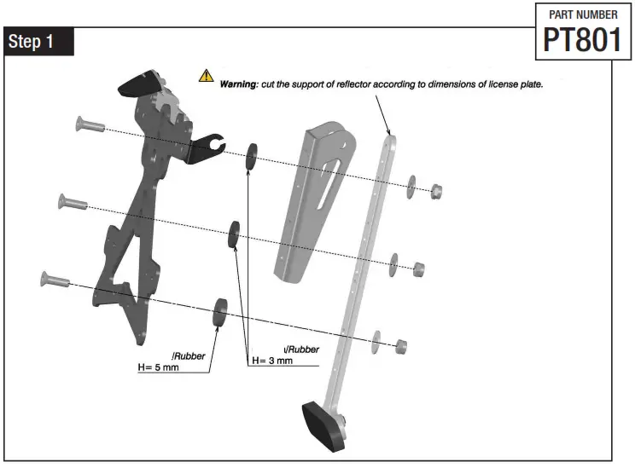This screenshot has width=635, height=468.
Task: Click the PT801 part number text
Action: click(582, 40)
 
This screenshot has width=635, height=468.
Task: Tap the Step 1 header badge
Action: click(38, 43)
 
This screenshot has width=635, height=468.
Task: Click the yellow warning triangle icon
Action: click(207, 76)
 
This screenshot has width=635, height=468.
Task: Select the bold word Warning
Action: click(239, 84)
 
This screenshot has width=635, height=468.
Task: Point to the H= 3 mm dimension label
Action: click(272, 361)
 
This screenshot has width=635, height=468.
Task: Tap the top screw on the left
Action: click(84, 125)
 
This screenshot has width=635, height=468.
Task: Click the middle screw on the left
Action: click(72, 203)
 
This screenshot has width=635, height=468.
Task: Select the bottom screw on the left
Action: click(54, 279)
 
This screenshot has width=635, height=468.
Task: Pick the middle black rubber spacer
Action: click(232, 234)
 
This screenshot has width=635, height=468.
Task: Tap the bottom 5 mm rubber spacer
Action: click(220, 311)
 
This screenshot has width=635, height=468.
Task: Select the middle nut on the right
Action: click(418, 269)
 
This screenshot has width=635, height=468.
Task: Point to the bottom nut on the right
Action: click(400, 345)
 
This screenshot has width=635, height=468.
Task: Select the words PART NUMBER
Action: click(582, 14)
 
